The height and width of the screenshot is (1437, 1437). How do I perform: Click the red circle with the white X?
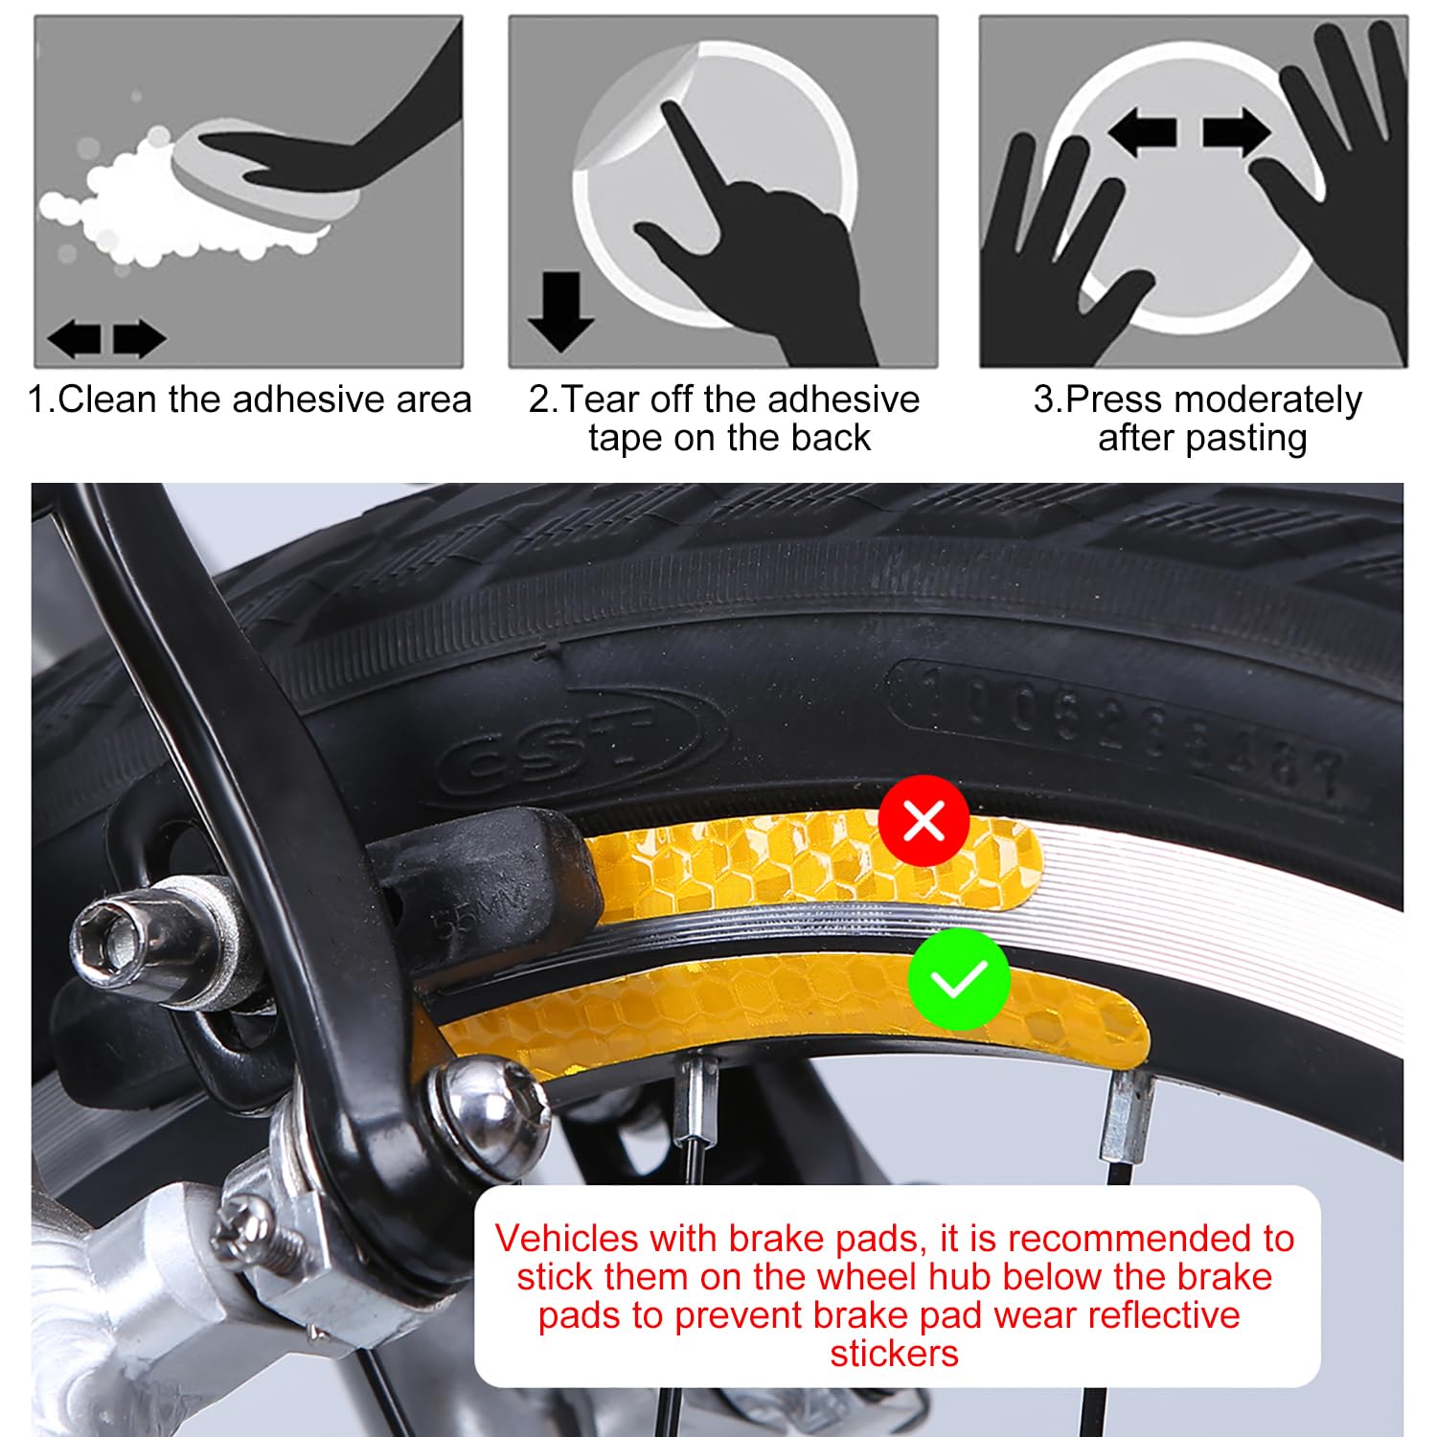point(924,820)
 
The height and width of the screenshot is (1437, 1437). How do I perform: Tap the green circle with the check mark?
point(959,978)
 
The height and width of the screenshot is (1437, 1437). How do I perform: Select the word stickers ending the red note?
point(894,1354)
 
